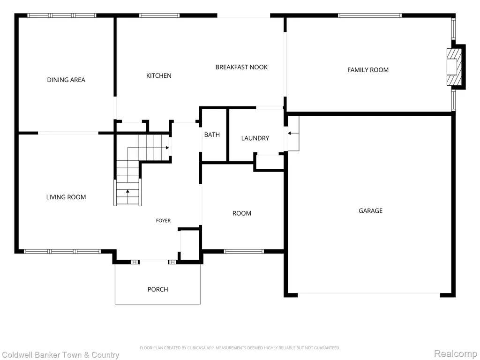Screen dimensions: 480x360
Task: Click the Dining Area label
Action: point(66,80)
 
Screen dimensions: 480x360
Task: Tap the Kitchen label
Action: point(158,75)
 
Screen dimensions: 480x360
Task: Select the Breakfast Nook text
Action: point(241,67)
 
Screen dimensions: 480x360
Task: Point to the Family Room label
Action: point(368,70)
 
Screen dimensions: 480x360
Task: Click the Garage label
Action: point(370,210)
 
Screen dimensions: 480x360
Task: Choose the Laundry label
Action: point(255,138)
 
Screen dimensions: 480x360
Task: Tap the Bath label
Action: point(212,135)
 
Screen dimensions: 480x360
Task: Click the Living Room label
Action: point(66,197)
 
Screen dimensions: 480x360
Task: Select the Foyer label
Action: point(163,220)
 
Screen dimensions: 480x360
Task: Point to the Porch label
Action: point(157,289)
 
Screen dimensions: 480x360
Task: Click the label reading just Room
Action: point(242,213)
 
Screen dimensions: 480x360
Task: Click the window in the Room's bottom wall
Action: point(244,252)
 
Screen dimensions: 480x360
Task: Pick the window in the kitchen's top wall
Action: point(159,15)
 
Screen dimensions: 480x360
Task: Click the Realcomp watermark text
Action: point(455,353)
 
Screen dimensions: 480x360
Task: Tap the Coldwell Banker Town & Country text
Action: point(60,355)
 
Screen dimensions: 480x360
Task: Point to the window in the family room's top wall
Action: point(370,15)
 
